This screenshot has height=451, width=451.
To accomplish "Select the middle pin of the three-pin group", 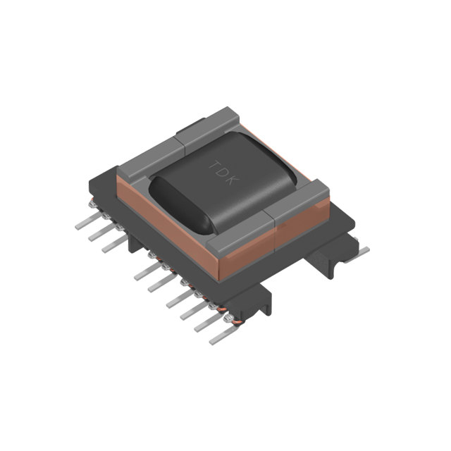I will point(99,235).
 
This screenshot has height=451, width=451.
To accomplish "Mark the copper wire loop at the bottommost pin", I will point(226,323).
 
